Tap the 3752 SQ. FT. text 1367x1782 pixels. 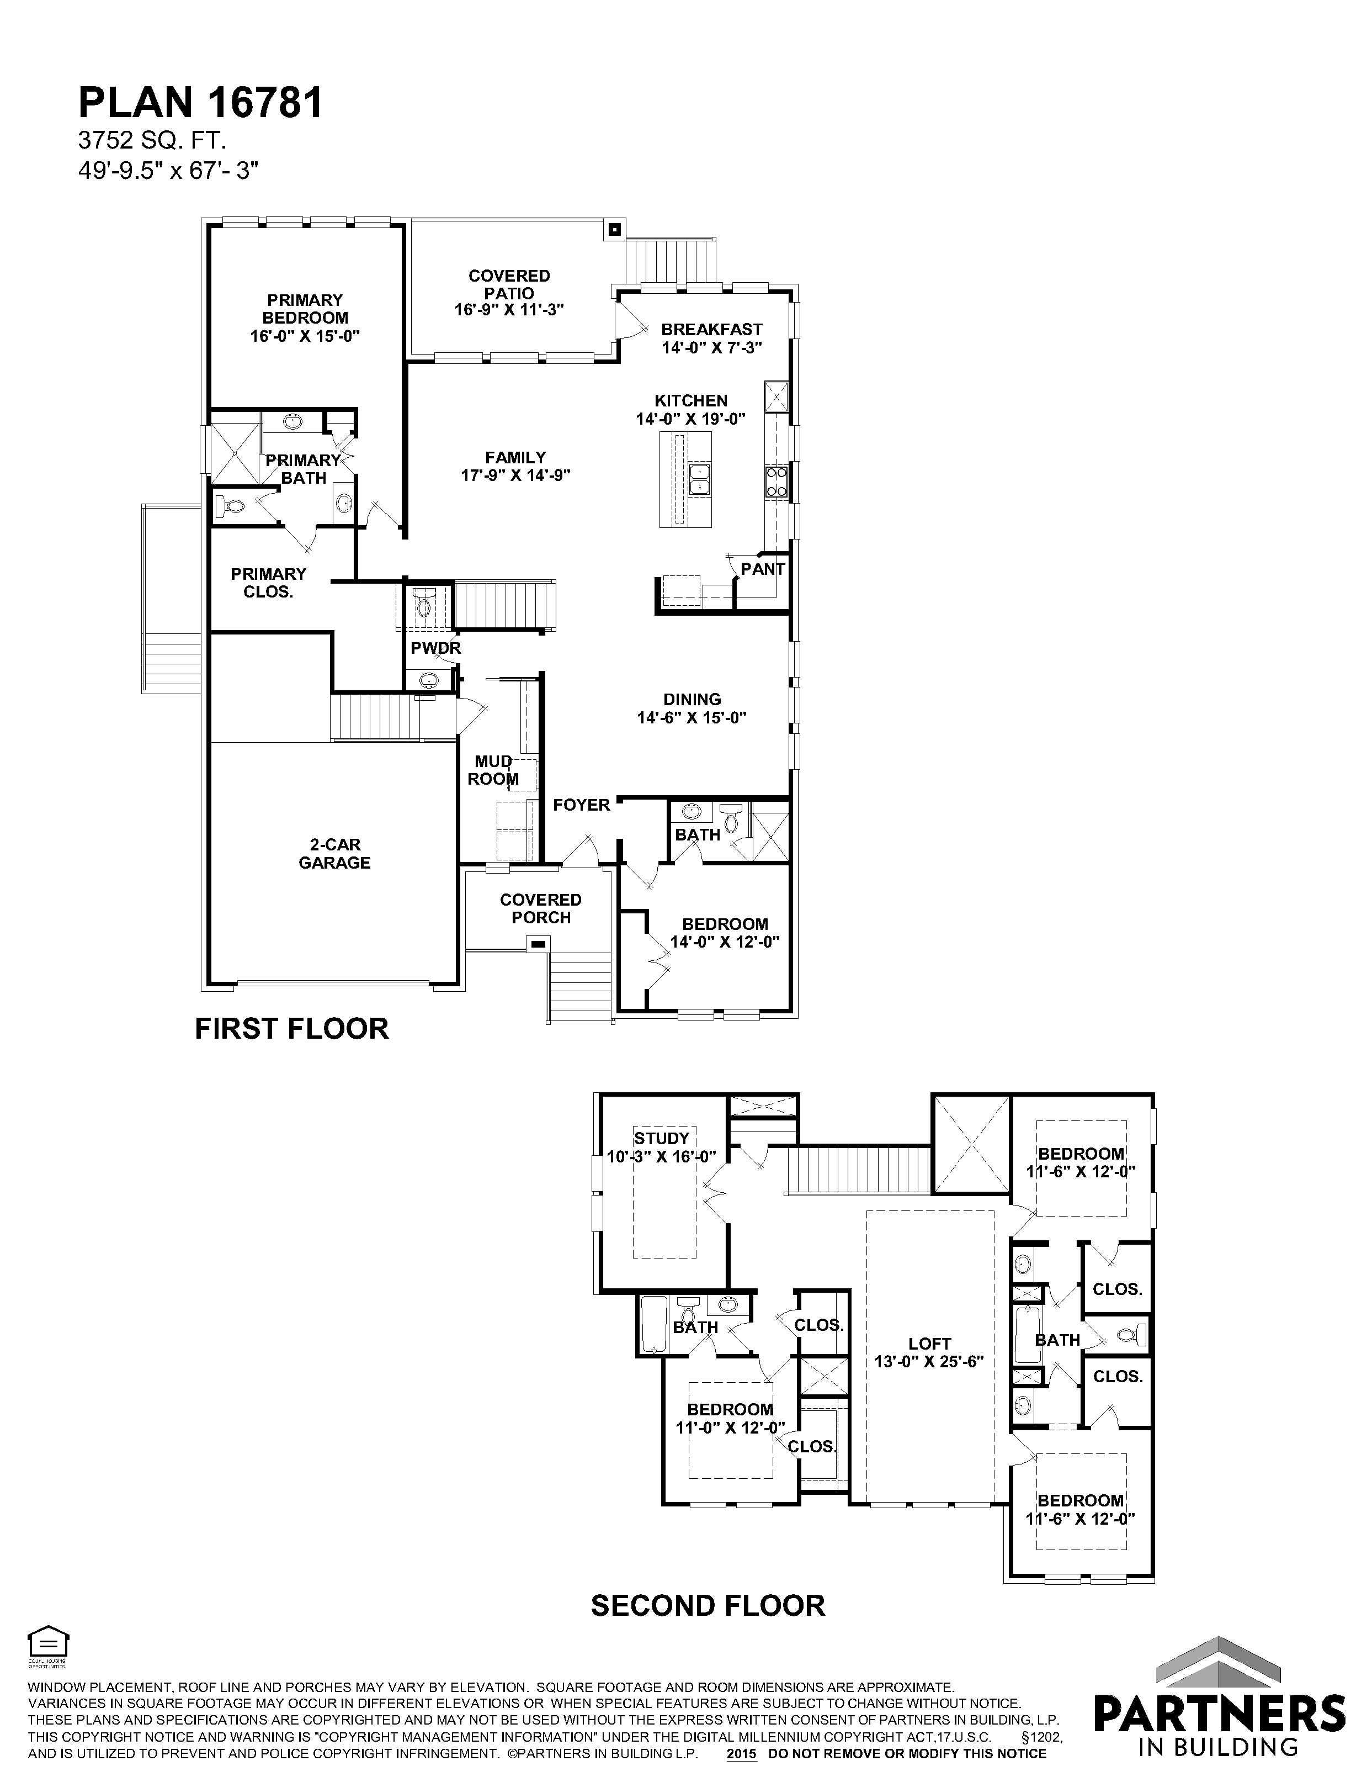tap(152, 141)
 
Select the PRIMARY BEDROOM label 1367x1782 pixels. tap(305, 309)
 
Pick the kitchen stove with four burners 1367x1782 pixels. tap(776, 481)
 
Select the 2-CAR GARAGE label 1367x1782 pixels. tap(334, 854)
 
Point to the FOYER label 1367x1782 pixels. tap(581, 805)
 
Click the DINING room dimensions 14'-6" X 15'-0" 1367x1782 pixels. tap(692, 718)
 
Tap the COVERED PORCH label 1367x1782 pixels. tap(541, 908)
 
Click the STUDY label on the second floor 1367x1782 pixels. tap(662, 1138)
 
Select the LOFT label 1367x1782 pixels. tap(930, 1343)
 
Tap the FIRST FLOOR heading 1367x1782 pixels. tap(291, 1029)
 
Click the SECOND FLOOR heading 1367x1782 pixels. tap(708, 1606)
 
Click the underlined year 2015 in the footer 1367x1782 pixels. tap(741, 1753)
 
